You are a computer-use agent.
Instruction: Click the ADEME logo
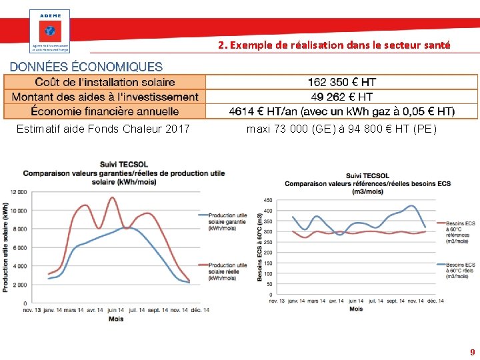[x=49, y=31]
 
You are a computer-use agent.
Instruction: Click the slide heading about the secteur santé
[x=334, y=45]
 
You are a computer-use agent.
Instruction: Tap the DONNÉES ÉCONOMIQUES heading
[x=86, y=67]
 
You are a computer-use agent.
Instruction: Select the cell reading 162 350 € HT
[x=341, y=82]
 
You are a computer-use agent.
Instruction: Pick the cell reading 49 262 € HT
[x=341, y=97]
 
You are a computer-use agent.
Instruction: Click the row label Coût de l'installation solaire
[x=105, y=82]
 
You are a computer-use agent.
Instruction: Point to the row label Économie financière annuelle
[x=105, y=111]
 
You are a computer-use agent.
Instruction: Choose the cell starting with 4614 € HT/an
[x=341, y=111]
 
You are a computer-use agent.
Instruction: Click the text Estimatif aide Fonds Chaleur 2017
[x=103, y=129]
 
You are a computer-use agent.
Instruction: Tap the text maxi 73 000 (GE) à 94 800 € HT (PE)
[x=341, y=129]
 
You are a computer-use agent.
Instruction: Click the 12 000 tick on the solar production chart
[x=17, y=192]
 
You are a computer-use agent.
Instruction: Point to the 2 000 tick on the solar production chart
[x=19, y=285]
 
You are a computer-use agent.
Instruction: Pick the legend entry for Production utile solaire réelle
[x=227, y=271]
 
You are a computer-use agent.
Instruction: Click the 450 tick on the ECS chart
[x=267, y=200]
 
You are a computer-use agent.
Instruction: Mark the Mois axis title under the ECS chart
[x=356, y=309]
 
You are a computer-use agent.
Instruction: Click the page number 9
[x=472, y=352]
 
